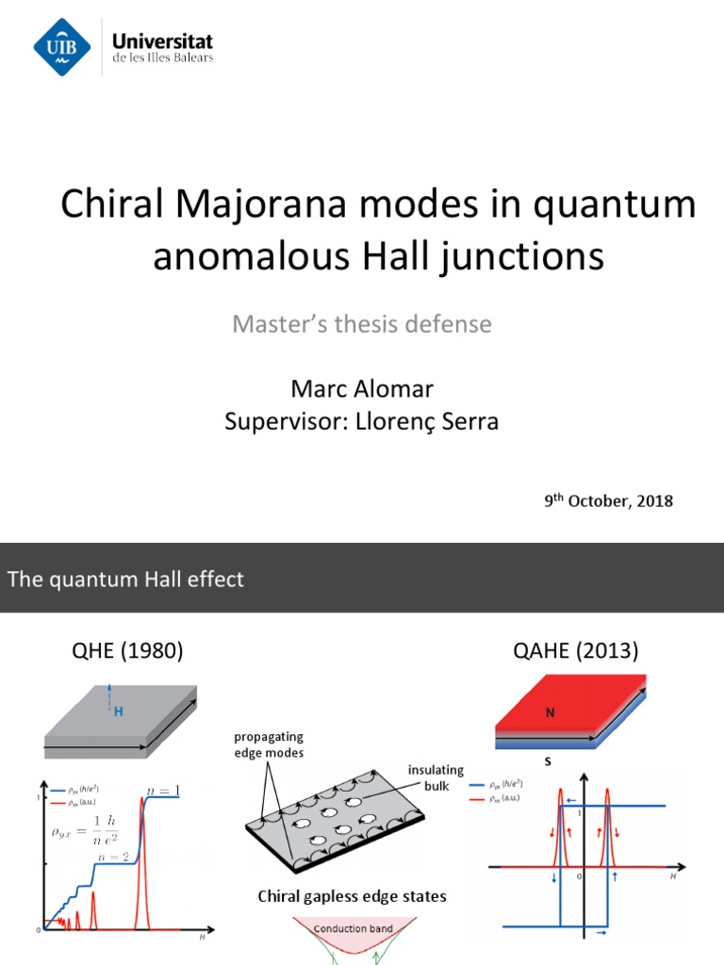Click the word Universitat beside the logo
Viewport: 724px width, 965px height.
162,41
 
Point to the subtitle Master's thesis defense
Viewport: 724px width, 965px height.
362,324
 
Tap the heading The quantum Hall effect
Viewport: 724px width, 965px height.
125,579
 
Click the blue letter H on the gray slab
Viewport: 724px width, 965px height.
119,711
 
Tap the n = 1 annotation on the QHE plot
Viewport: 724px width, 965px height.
162,790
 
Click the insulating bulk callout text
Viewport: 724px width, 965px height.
436,777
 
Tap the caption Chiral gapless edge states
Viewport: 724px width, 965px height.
353,896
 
